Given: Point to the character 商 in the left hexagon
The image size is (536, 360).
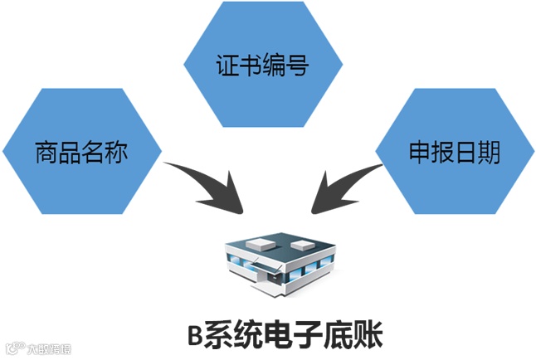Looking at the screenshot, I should (x=46, y=153).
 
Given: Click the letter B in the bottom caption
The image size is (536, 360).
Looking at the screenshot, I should (x=194, y=336).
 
